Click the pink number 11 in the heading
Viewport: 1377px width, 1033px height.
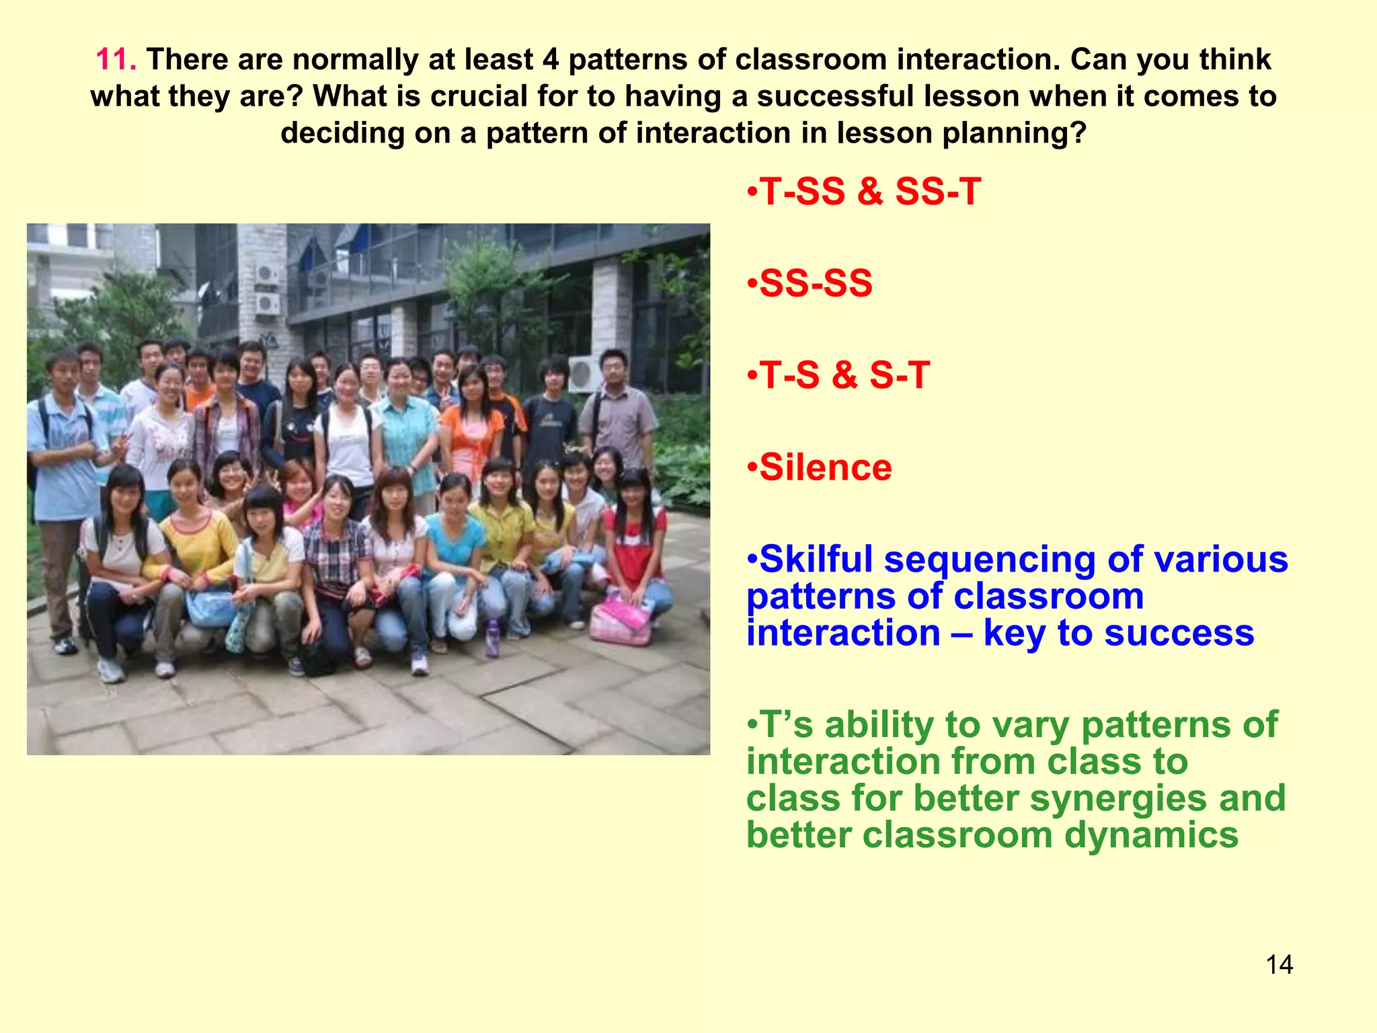coord(116,60)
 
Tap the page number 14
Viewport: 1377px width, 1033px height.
coord(1279,965)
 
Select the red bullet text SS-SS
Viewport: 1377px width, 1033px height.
coord(816,283)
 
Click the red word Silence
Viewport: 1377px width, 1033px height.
coord(825,467)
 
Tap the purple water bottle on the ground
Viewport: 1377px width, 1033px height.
coord(492,637)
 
